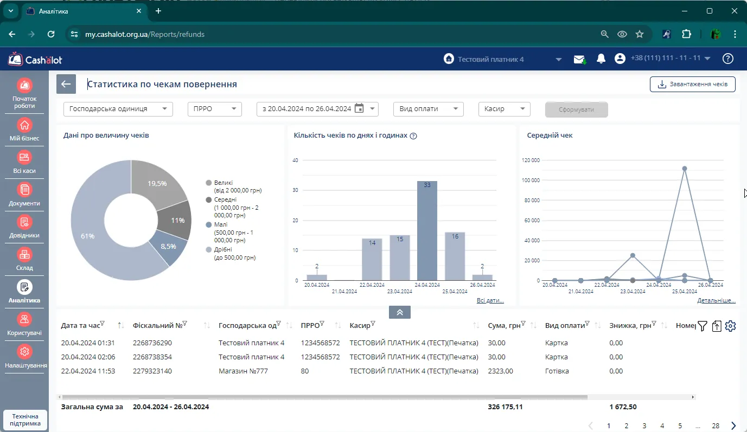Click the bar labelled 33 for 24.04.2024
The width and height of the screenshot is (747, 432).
tap(427, 231)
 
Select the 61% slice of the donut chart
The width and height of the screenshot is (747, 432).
tap(88, 236)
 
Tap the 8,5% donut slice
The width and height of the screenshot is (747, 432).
tap(168, 247)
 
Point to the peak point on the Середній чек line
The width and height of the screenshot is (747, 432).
tap(684, 169)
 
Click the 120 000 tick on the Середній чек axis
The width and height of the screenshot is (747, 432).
tap(531, 160)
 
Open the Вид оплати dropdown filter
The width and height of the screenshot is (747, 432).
tap(428, 109)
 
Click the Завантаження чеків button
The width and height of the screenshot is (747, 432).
tap(692, 84)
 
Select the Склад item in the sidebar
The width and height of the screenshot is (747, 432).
tap(24, 259)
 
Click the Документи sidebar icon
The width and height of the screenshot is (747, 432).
tap(24, 190)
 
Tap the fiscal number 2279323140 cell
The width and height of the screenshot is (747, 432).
tap(152, 371)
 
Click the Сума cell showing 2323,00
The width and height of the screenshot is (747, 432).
tap(500, 371)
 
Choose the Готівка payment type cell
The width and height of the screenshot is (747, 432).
tap(557, 371)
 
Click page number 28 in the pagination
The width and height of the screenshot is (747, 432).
tap(716, 425)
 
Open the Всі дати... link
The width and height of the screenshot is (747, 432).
tap(490, 300)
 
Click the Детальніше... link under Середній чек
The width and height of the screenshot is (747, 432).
tap(716, 300)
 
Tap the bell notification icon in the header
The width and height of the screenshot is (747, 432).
tap(601, 59)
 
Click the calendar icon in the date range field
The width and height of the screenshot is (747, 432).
tap(359, 108)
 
